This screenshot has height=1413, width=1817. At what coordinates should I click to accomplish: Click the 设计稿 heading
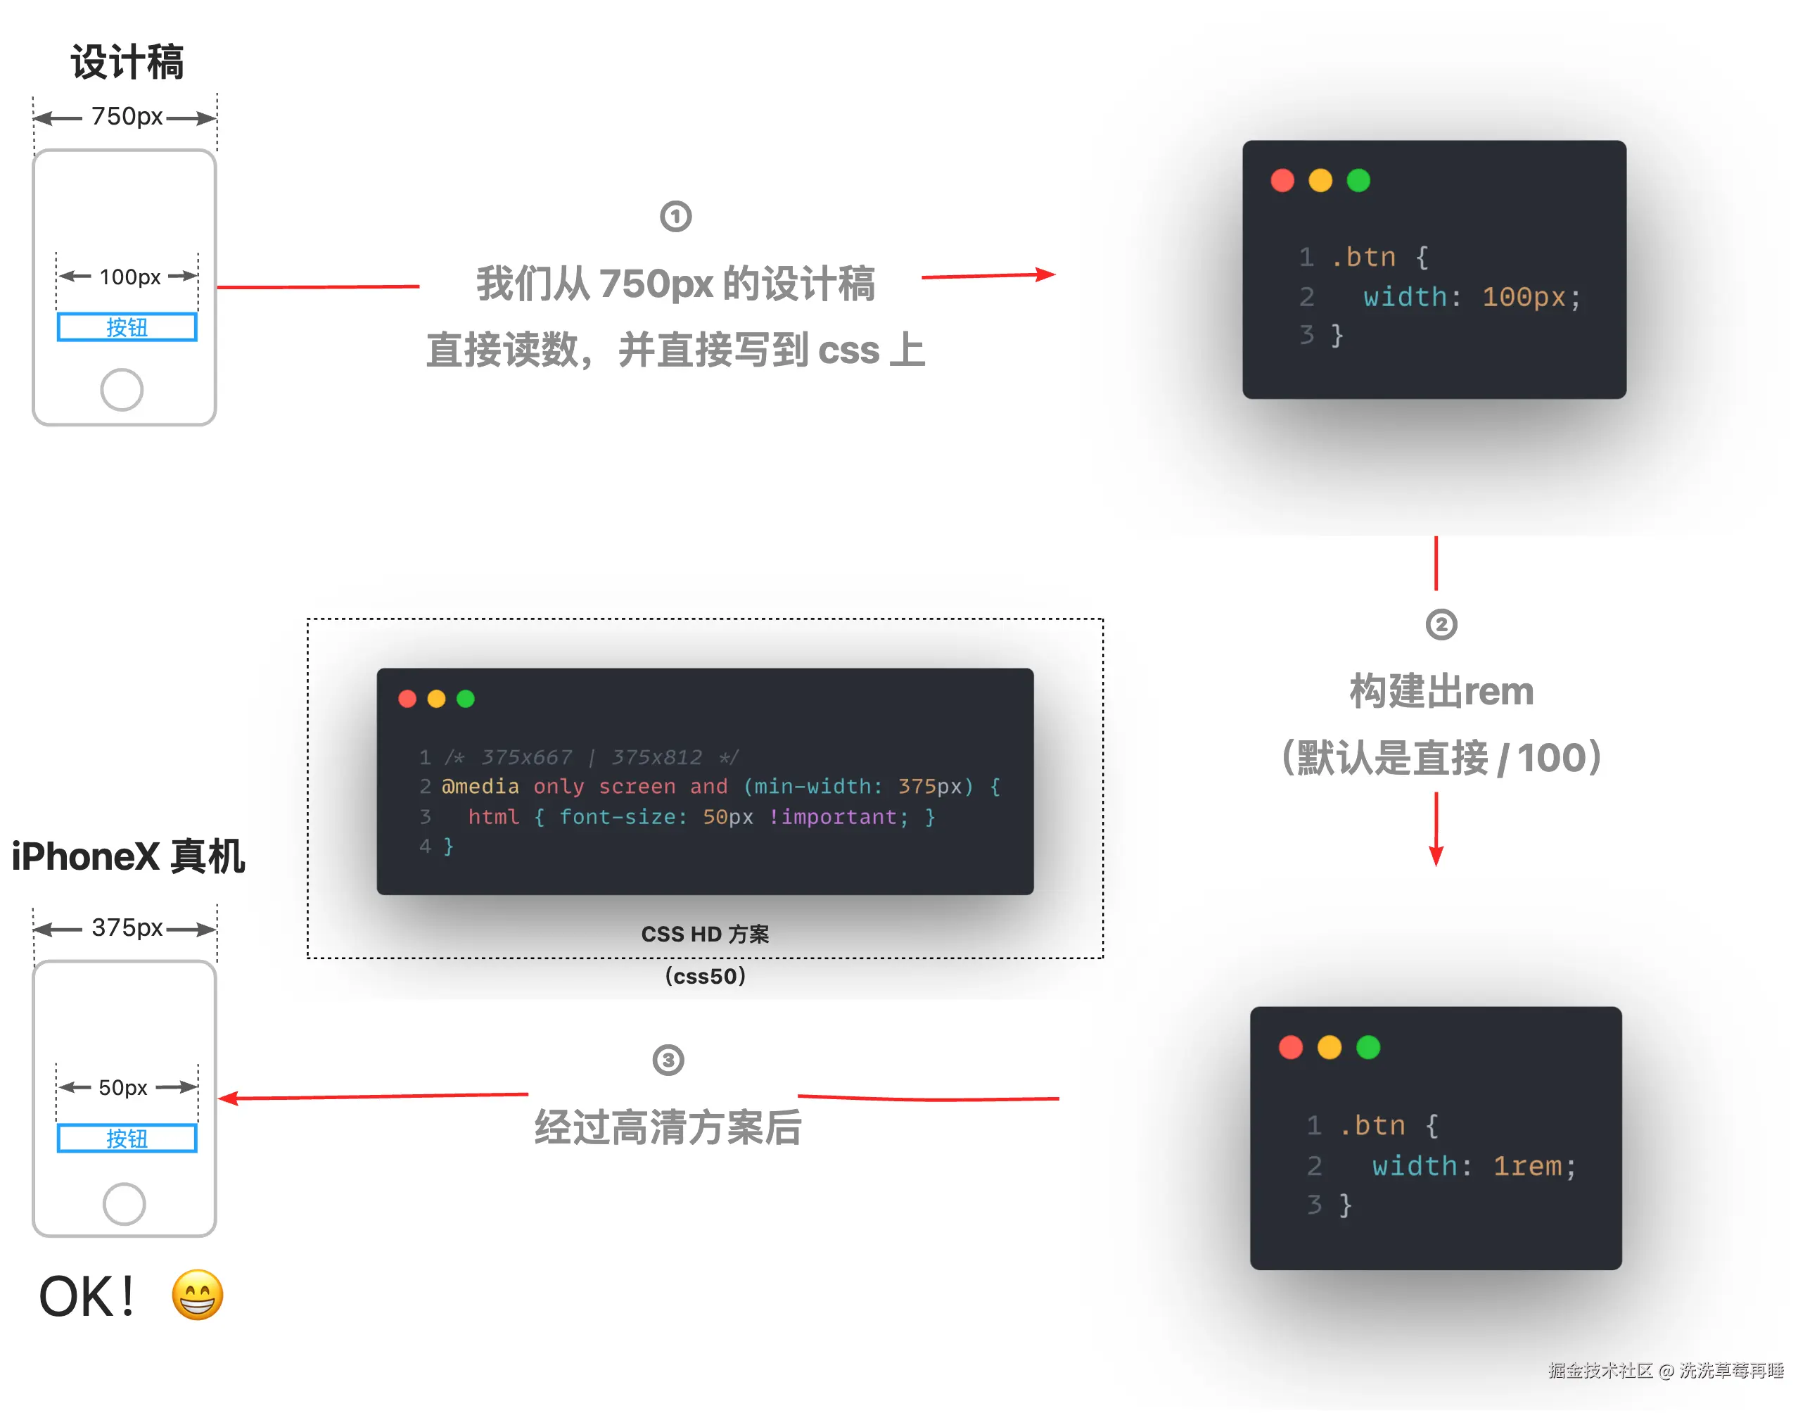coord(127,63)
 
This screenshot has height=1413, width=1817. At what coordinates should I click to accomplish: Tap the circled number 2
coord(1441,625)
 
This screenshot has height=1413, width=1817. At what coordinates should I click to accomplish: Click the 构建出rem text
coord(1441,692)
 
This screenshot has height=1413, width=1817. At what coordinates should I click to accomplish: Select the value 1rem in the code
coord(1526,1166)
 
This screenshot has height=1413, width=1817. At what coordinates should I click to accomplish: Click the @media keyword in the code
coord(480,787)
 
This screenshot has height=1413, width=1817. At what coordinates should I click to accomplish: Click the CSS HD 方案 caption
coord(705,934)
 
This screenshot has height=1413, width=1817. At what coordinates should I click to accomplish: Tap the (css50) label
coord(705,976)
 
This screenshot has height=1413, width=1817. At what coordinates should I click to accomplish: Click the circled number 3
coord(668,1060)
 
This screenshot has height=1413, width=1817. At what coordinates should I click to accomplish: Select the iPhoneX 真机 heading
coord(128,857)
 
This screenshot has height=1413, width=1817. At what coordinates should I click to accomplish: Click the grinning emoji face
coord(197,1295)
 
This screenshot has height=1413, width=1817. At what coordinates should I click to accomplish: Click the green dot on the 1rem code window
coord(1367,1048)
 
